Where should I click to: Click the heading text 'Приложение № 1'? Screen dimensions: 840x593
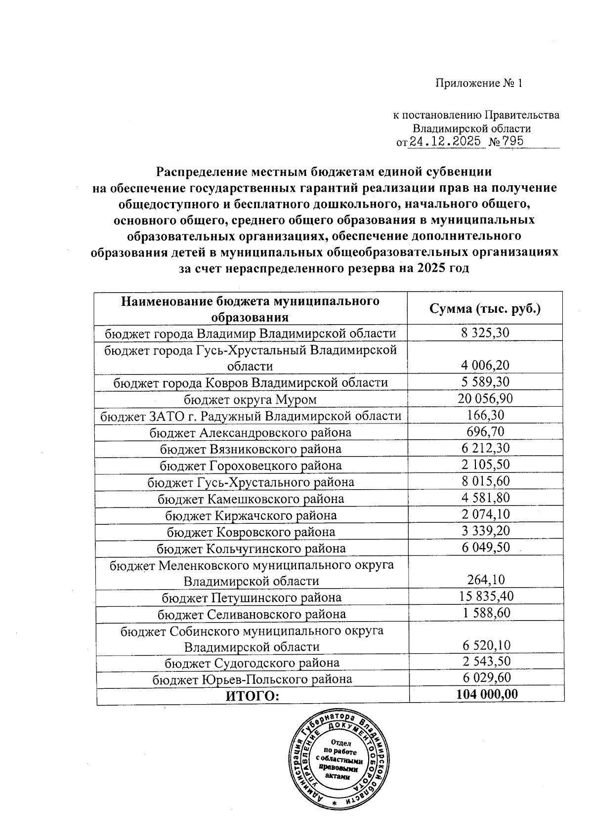478,83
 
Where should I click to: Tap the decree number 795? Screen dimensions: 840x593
512,142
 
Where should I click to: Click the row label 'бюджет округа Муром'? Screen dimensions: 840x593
251,399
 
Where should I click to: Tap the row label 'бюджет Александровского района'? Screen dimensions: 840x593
251,433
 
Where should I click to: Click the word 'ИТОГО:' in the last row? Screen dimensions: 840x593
253,696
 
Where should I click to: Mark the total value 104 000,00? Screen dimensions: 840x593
487,694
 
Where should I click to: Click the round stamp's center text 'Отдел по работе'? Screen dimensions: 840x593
340,747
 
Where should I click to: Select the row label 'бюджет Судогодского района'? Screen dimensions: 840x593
252,663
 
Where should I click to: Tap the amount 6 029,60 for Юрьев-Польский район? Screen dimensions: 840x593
486,678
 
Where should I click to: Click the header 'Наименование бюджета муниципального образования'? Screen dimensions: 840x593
251,308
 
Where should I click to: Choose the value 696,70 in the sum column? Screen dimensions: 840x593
485,432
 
